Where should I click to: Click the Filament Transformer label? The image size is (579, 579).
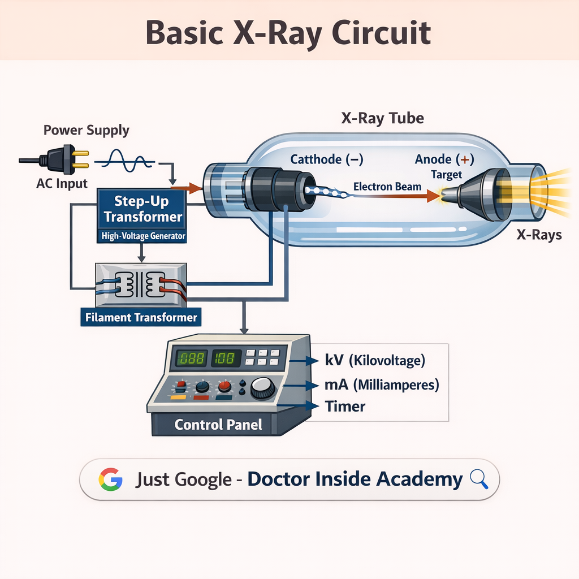141,317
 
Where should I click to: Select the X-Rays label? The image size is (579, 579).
539,234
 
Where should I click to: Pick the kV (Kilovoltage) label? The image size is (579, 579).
374,361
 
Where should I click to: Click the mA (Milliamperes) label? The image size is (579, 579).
381,385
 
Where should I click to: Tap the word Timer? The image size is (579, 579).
345,406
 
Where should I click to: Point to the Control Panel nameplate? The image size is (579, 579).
218,424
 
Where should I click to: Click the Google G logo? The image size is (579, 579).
110,479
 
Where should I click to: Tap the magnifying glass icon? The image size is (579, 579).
478,479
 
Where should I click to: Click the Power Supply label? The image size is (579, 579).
87,131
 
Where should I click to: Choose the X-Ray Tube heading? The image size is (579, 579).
382,119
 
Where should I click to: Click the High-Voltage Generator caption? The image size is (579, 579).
144,237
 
